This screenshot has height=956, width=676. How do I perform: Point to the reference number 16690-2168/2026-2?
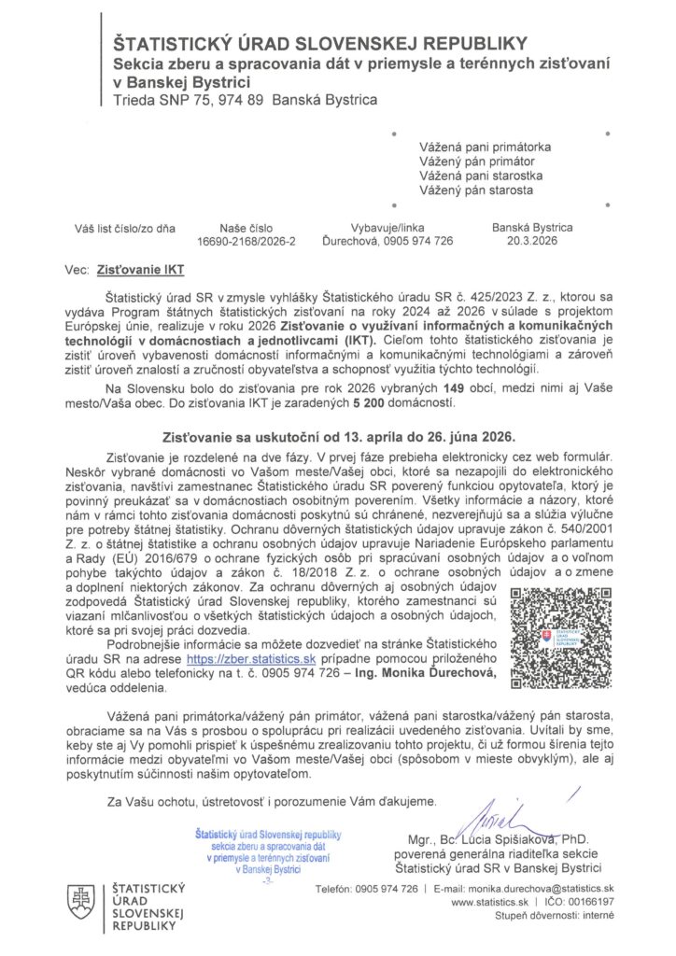246,241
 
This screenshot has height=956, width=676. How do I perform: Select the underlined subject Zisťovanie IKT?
141,271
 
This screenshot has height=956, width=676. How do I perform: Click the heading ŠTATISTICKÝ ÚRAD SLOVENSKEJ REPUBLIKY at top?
320,43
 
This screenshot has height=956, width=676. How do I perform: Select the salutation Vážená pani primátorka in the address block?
485,147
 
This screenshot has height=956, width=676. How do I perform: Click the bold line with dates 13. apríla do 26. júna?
337,435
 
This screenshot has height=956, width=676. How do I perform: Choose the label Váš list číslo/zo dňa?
119,227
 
